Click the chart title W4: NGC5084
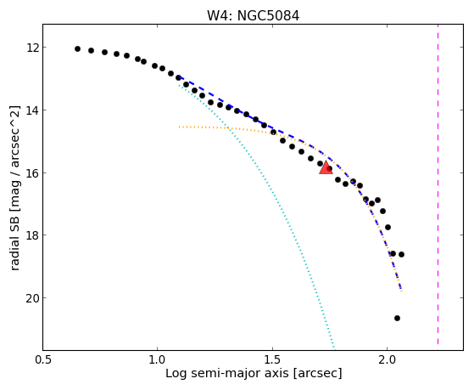[x=253, y=16]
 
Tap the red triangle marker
[x=326, y=168]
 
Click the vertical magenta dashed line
[x=438, y=187]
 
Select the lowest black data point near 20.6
[x=397, y=318]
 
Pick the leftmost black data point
[x=77, y=48]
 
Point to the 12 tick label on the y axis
[x=32, y=48]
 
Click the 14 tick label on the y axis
[x=32, y=110]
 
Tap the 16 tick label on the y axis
[x=32, y=172]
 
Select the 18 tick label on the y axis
[x=32, y=235]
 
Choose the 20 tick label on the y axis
[x=32, y=298]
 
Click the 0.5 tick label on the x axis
[x=43, y=359]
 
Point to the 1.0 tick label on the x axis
[x=157, y=359]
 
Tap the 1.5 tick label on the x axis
[x=273, y=359]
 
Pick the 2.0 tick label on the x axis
[x=388, y=359]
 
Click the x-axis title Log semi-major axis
[x=228, y=373]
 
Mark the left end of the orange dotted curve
[x=179, y=127]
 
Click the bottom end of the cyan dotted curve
[x=334, y=348]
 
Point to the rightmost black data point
[x=401, y=255]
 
